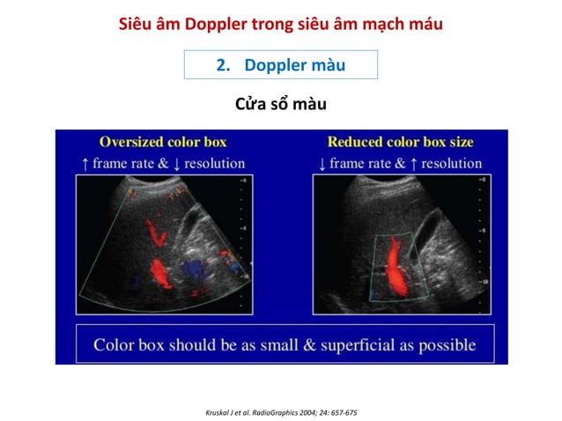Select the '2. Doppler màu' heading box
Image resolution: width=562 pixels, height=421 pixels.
coord(280,65)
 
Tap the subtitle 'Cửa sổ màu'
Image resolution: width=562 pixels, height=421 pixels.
coord(281,105)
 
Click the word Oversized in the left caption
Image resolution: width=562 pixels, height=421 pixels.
coord(132,142)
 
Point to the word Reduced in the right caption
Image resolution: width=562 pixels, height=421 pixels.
coord(352,142)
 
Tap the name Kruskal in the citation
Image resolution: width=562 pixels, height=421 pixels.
coord(217,412)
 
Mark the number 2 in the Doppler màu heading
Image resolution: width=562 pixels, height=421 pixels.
coord(221,65)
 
